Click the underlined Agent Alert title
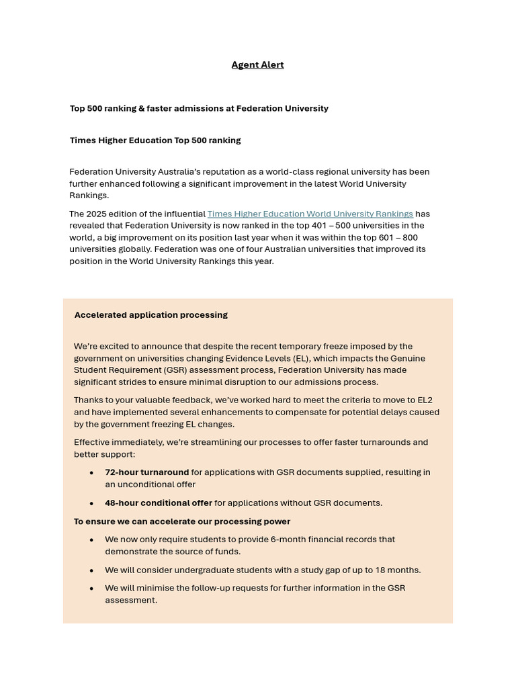point(257,65)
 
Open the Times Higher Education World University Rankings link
point(310,214)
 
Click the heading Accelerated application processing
point(151,315)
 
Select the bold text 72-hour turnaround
point(146,472)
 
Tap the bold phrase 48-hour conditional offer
point(159,503)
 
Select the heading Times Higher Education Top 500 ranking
point(155,140)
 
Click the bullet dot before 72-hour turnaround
point(92,473)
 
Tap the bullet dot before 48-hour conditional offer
point(92,503)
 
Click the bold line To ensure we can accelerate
point(182,521)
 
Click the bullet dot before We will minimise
point(92,589)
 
